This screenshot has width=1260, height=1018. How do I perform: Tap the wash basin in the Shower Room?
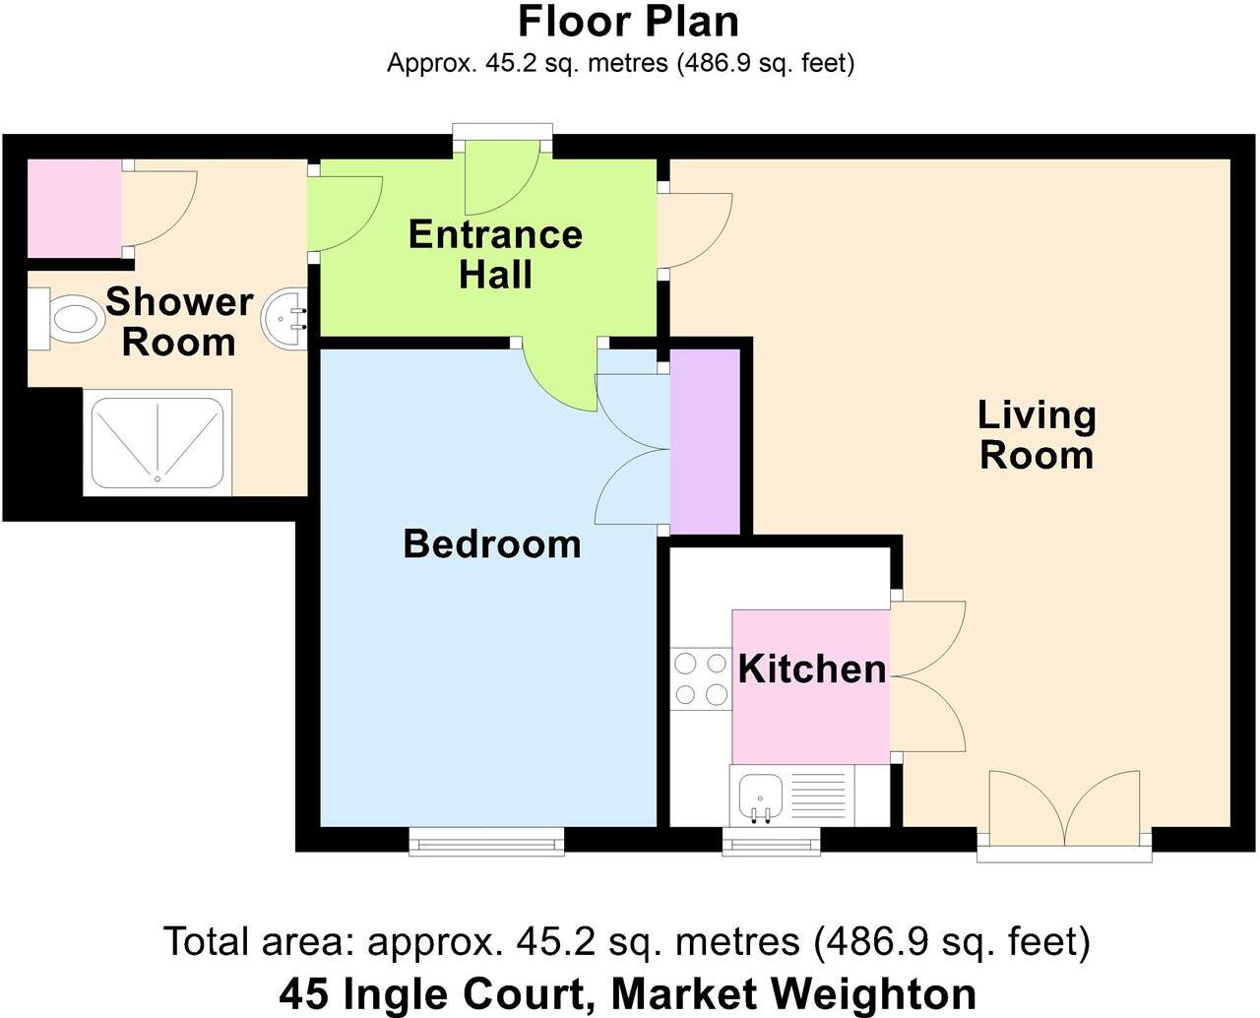tap(286, 318)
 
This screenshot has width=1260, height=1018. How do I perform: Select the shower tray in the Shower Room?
tap(157, 442)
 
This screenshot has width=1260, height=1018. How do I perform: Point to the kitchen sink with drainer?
tap(792, 795)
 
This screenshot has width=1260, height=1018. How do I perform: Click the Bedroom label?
tap(491, 543)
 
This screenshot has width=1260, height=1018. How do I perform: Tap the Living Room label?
tap(1036, 435)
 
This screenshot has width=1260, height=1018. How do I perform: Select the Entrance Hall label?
tap(495, 254)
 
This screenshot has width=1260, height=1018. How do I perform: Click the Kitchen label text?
tap(811, 669)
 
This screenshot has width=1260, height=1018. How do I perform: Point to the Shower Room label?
tap(179, 321)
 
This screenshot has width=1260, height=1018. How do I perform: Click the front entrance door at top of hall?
tap(502, 175)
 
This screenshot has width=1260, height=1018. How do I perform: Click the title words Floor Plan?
tap(628, 22)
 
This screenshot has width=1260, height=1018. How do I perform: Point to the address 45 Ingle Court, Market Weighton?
tap(627, 992)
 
